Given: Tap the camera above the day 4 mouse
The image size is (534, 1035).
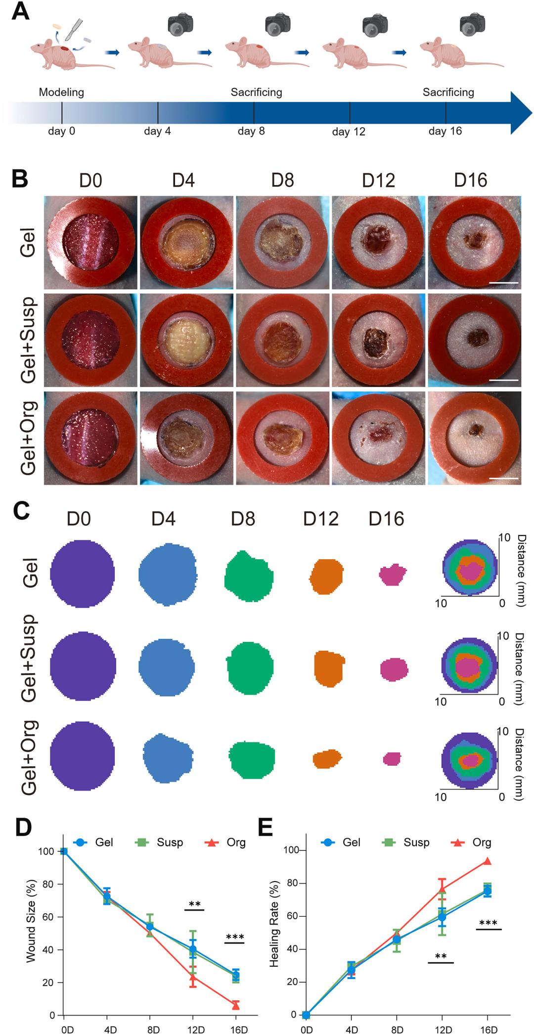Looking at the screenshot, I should click(180, 23).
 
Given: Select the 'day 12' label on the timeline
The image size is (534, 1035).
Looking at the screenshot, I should click(349, 132).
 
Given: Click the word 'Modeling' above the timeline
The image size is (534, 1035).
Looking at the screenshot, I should click(61, 92).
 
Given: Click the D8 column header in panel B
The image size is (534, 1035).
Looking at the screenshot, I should click(282, 181).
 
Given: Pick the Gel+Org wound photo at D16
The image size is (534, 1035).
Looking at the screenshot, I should click(474, 438).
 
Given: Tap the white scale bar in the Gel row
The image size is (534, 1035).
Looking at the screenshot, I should click(505, 283).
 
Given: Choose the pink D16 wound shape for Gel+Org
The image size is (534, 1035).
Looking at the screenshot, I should click(392, 758).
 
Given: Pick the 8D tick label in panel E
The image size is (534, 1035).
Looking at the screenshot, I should click(397, 1028).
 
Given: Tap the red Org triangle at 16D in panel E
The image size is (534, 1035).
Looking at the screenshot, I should click(487, 861).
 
